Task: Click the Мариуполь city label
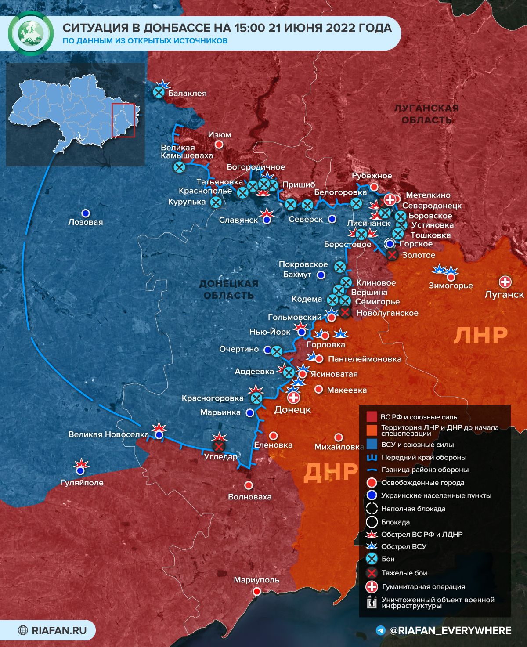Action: (256, 579)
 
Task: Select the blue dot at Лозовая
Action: (86, 213)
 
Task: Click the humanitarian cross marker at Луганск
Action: (505, 282)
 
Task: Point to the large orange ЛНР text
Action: (480, 336)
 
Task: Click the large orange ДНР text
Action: (330, 472)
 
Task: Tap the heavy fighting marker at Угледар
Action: (218, 447)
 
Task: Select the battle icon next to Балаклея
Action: (159, 92)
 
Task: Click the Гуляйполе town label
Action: (82, 482)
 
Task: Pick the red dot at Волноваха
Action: (249, 485)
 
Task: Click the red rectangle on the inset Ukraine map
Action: (123, 120)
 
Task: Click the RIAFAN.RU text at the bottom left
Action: (59, 630)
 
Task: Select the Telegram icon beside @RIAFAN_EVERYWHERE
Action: (381, 630)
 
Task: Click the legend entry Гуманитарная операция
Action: (423, 586)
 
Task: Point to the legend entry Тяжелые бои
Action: (404, 573)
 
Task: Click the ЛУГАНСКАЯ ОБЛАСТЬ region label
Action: (426, 114)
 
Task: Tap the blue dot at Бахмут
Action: (321, 275)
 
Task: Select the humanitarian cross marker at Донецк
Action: (293, 398)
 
